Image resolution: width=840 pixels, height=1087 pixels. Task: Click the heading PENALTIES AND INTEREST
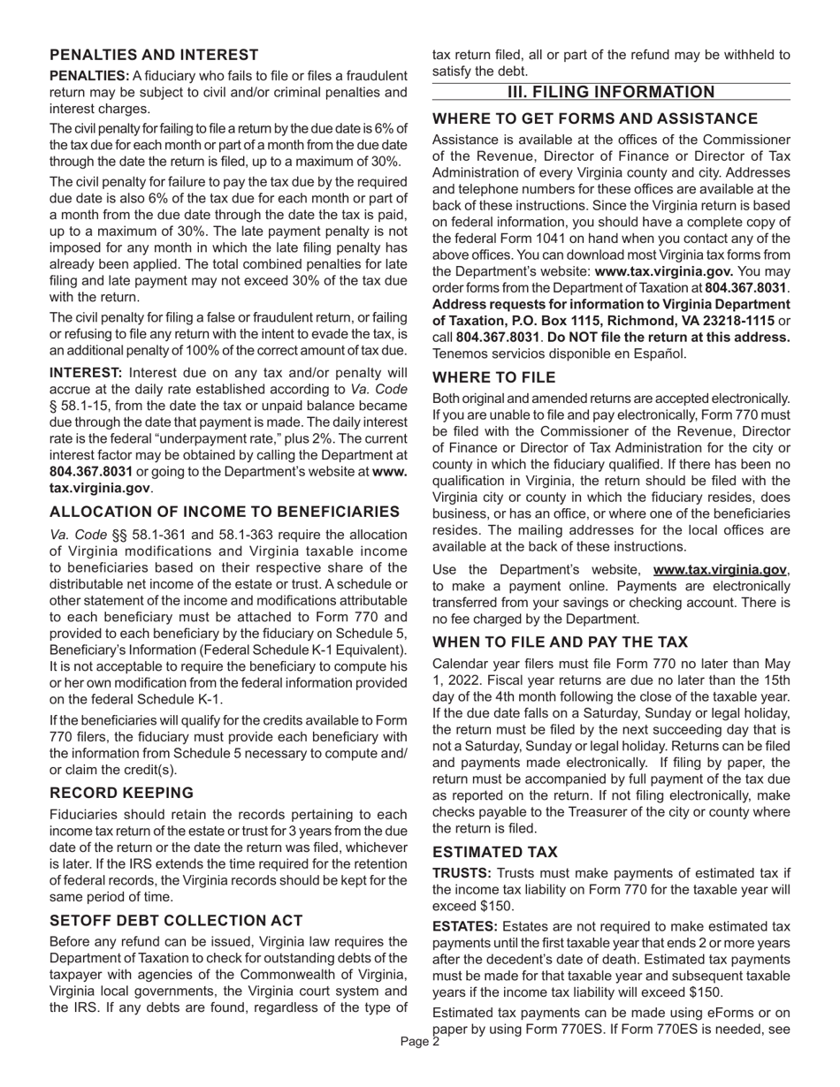(x=154, y=55)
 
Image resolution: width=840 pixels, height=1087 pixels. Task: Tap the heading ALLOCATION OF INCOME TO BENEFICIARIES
(x=225, y=512)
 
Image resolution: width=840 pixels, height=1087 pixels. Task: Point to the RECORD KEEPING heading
(x=121, y=792)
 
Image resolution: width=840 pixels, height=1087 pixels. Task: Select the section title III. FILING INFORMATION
(x=610, y=93)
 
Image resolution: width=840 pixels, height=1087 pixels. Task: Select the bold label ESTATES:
(x=465, y=925)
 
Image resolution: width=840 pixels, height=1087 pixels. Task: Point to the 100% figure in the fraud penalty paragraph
(x=200, y=349)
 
